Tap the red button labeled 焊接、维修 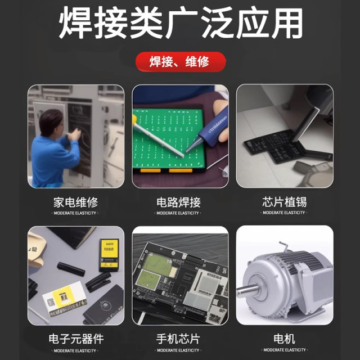(x=180, y=61)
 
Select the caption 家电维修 (x=75, y=201)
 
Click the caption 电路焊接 (x=179, y=201)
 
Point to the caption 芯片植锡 (x=284, y=201)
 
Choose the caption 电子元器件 (x=75, y=339)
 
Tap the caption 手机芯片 (x=179, y=339)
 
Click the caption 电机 (x=284, y=339)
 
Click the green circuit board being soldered (x=163, y=135)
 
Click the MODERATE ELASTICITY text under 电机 (x=284, y=350)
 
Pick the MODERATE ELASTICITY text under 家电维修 (x=75, y=213)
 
